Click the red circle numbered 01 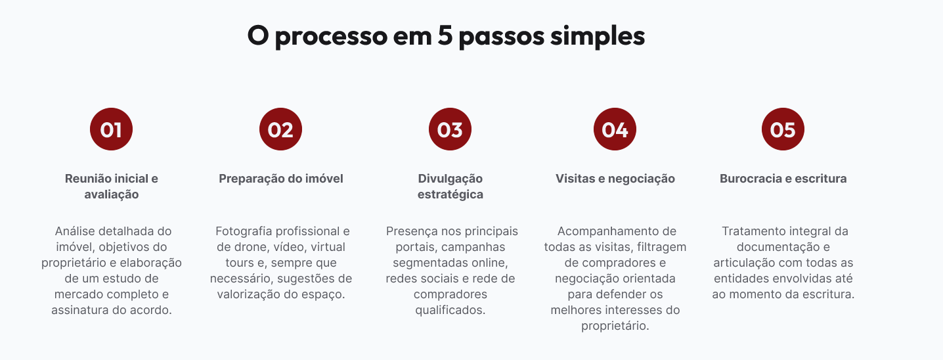point(111,129)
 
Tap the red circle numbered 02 point(280,129)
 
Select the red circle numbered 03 point(450,129)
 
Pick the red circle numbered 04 point(615,129)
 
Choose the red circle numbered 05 point(783,129)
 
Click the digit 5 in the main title point(444,35)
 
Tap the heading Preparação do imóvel point(281,179)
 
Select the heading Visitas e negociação point(615,179)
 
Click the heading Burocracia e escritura point(783,179)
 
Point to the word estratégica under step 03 point(450,194)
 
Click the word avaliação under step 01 point(112,194)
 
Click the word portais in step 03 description point(414,247)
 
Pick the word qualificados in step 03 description point(450,310)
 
